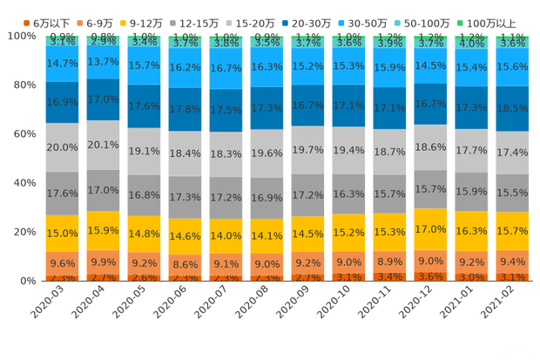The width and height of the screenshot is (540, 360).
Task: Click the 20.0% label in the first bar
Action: point(63,147)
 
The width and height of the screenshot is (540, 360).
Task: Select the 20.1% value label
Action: point(104,145)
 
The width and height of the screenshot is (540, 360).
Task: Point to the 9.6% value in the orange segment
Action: point(63,263)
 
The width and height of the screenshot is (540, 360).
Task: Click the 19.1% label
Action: point(145,150)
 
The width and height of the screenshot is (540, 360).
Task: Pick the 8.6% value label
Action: point(186,263)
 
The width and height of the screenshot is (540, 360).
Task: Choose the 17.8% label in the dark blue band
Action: point(186,109)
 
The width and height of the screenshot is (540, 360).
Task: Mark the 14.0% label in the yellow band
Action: point(226,236)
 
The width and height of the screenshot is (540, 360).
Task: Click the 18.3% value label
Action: point(226,153)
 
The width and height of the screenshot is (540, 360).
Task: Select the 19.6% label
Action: point(267,153)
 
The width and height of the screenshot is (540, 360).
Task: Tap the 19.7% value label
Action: point(308,150)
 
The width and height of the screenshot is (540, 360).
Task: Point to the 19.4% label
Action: point(349,151)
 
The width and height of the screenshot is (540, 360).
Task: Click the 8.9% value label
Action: point(390,262)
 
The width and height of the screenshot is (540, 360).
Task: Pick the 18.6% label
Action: point(431,148)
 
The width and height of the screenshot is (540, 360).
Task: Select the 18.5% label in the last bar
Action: point(513,108)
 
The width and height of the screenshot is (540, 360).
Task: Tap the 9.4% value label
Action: point(513,261)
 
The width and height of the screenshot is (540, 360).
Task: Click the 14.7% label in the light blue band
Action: point(63,64)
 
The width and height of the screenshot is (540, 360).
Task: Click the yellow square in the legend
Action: point(124,21)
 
